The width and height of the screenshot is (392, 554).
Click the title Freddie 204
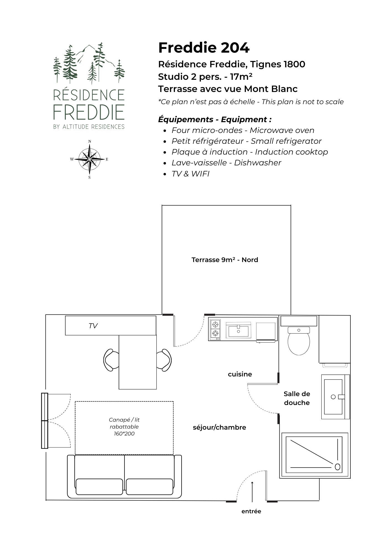(204, 48)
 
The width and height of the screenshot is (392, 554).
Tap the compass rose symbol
(89, 159)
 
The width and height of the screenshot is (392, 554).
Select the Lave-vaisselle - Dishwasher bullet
(226, 163)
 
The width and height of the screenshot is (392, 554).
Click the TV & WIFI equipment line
(190, 174)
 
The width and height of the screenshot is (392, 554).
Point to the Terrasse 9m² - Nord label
(225, 260)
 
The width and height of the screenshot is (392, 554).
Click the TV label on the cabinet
(93, 326)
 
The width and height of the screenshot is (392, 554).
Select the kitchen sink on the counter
(238, 330)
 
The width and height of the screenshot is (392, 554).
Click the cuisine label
(240, 374)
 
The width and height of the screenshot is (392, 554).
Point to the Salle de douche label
(297, 398)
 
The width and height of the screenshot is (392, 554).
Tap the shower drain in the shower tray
(337, 467)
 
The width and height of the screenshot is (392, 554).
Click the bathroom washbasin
(333, 397)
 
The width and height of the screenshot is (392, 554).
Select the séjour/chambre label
(219, 427)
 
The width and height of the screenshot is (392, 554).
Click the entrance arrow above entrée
(252, 491)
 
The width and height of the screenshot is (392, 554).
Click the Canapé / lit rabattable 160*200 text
(124, 427)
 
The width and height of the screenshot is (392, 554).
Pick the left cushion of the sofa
(99, 487)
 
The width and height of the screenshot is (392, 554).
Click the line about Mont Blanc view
(228, 89)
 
